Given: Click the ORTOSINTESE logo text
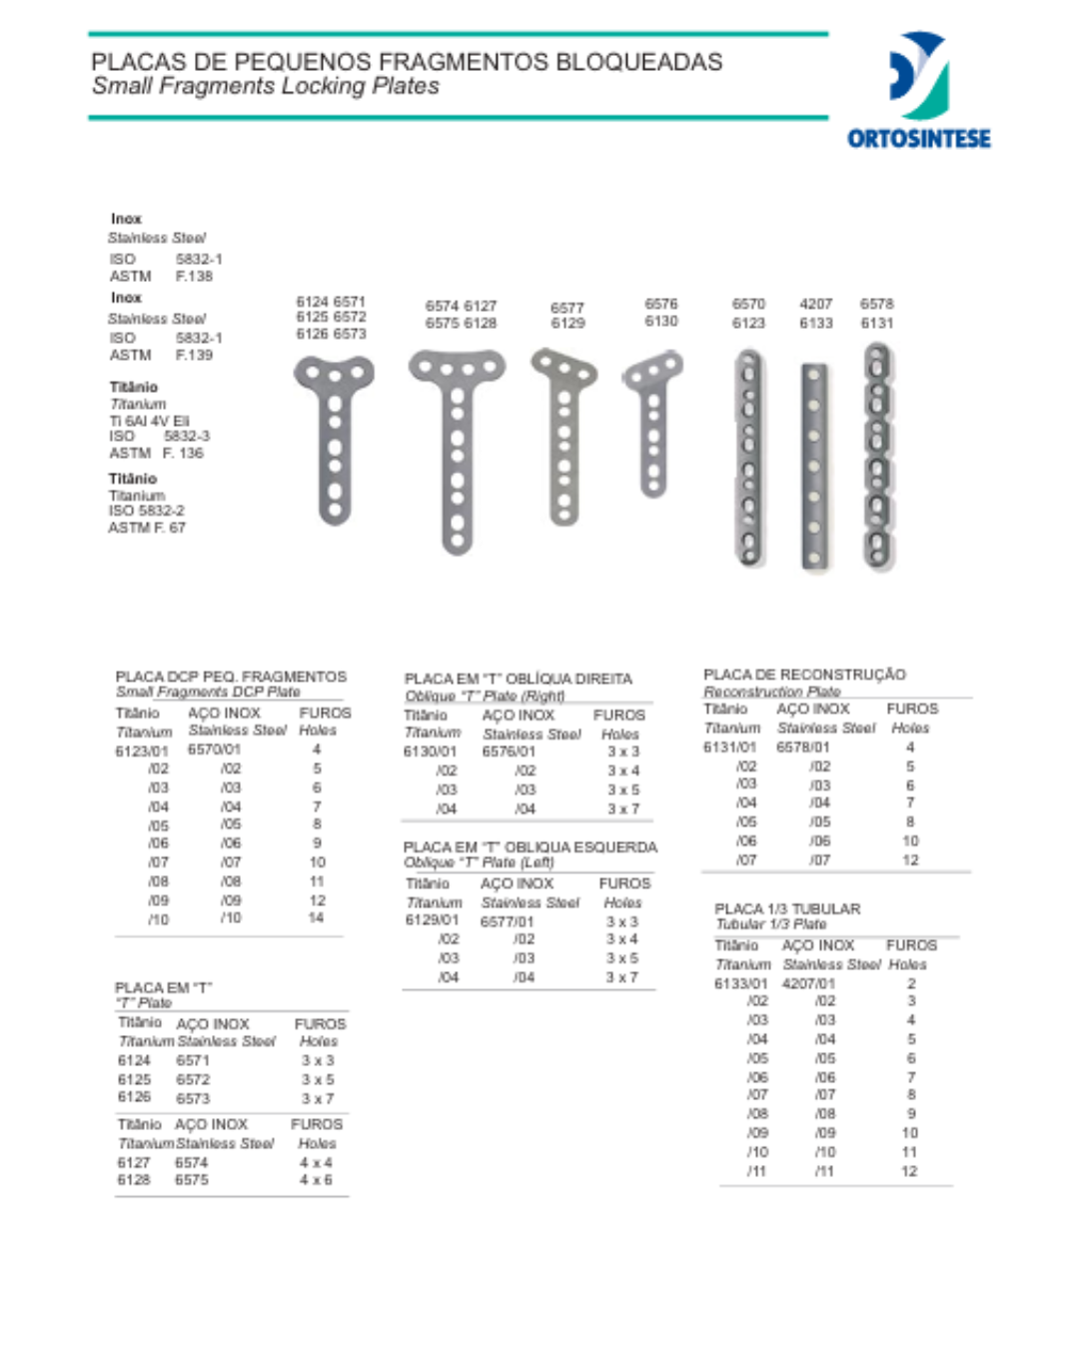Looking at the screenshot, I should tap(918, 138).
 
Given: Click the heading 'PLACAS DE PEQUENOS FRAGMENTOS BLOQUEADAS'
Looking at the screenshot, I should tap(407, 62).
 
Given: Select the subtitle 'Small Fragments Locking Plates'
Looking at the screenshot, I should tap(266, 87).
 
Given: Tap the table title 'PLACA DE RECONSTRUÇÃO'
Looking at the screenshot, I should tap(804, 674).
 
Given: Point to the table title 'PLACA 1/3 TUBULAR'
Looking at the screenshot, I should tap(787, 908).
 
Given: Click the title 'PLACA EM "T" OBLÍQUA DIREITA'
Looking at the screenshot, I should tap(518, 678).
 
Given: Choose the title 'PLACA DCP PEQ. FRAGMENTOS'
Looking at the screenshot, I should tap(231, 676).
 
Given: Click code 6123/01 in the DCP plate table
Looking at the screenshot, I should tap(142, 750).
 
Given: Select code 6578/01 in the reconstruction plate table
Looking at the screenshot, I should tap(803, 746).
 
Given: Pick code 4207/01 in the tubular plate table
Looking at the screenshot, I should tap(808, 983).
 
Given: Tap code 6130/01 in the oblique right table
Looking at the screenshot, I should tap(431, 751).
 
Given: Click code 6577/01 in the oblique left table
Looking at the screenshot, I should tap(507, 921).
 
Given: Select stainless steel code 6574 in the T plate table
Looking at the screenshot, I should tap(192, 1162).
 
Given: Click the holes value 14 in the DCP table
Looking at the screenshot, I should tap(316, 917).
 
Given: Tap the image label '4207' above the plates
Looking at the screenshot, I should tap(815, 304).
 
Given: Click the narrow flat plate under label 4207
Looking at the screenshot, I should tap(814, 467).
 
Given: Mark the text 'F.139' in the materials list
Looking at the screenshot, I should tap(194, 355).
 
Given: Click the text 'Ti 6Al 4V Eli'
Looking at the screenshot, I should tap(149, 421).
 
